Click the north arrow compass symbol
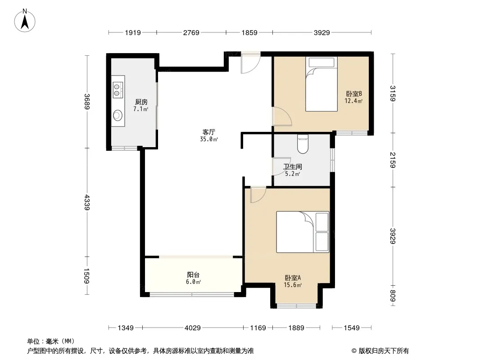pyautogui.click(x=25, y=21)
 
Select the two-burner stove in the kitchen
pyautogui.click(x=118, y=90)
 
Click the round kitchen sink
pyautogui.click(x=118, y=115)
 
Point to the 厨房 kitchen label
pyautogui.click(x=141, y=102)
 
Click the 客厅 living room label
pyautogui.click(x=209, y=132)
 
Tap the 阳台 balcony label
pyautogui.click(x=193, y=274)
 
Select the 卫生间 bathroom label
pyautogui.click(x=292, y=166)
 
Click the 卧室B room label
pyautogui.click(x=354, y=94)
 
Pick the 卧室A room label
pyautogui.click(x=293, y=278)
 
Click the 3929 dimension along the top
pyautogui.click(x=322, y=32)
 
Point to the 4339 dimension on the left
pyautogui.click(x=87, y=202)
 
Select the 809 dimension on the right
pyautogui.click(x=393, y=296)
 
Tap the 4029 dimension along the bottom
pyautogui.click(x=193, y=328)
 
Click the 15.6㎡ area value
pyautogui.click(x=293, y=285)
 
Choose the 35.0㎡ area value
pyautogui.click(x=209, y=139)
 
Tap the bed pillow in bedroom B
pyautogui.click(x=322, y=63)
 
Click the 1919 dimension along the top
pyautogui.click(x=133, y=32)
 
